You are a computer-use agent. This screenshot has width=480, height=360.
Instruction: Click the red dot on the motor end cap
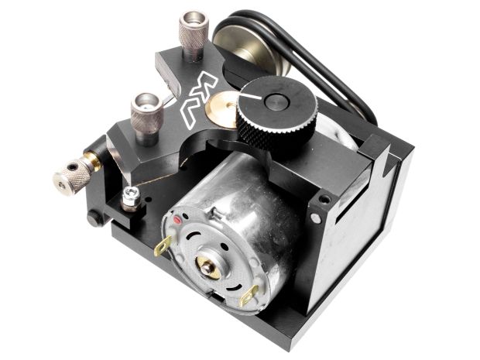point(177,220)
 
